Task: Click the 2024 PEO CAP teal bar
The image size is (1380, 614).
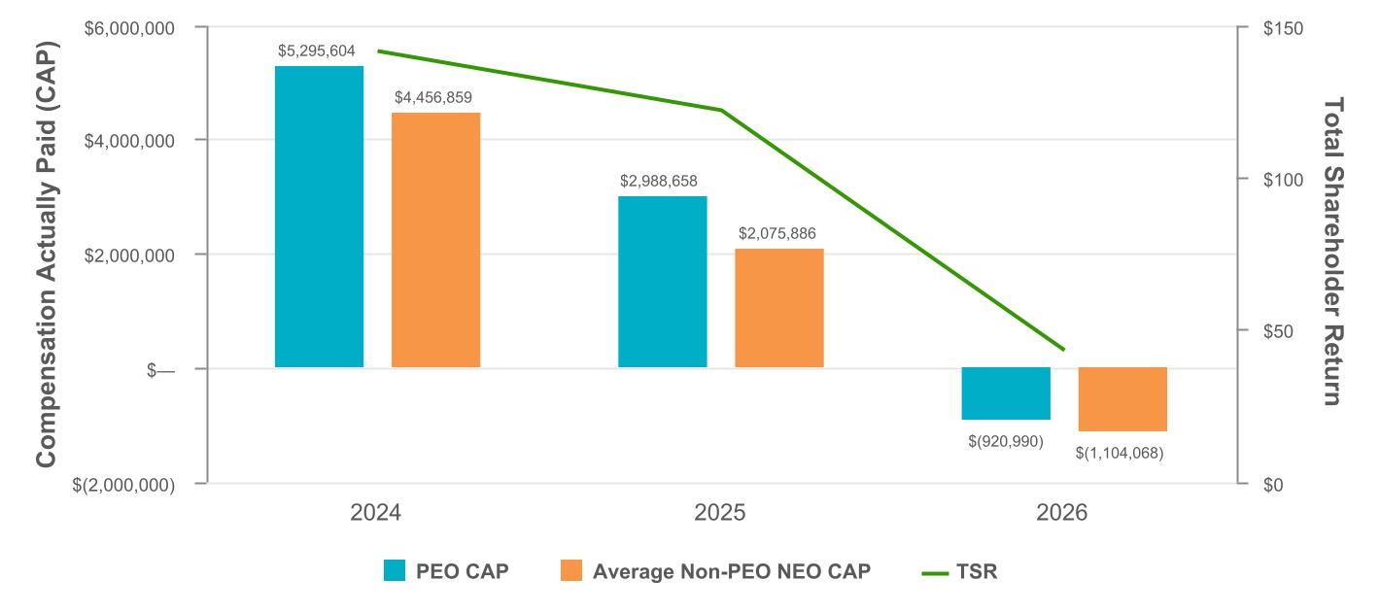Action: pos(319,217)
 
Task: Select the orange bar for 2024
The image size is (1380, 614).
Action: pos(435,240)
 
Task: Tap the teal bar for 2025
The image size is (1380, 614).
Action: pos(662,282)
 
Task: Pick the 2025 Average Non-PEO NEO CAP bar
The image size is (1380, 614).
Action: pos(779,308)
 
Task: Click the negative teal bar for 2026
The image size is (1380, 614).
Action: pos(1006,393)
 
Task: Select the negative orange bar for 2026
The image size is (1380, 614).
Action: pos(1122,399)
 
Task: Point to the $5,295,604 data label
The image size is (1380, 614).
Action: pos(316,51)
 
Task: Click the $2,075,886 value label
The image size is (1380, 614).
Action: pos(776,233)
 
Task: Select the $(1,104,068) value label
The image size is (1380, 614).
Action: pos(1120,454)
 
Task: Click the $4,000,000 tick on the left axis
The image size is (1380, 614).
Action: pos(129,141)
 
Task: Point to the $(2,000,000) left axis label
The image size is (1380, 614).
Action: pos(123,486)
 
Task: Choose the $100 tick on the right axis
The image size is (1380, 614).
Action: pos(1283,180)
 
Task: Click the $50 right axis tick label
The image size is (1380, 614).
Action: pos(1278,331)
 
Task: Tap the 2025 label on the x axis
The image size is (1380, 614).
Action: pos(719,512)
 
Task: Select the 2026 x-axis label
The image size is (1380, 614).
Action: pos(1061,512)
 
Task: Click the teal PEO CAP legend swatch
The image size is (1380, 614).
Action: pos(395,570)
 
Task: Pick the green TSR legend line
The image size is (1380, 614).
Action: pos(935,573)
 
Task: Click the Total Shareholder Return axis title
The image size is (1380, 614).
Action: pos(1333,252)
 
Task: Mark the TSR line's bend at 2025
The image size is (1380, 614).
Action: pos(721,110)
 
